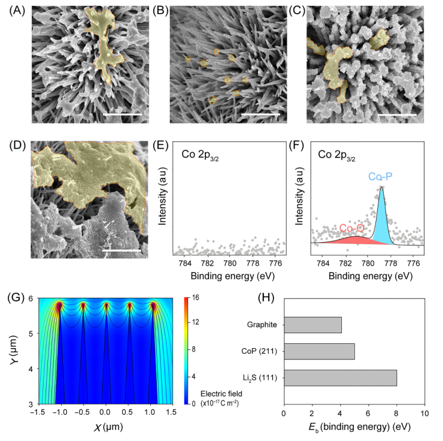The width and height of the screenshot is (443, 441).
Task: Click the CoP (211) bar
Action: click(319, 351)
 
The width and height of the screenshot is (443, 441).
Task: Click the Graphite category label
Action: click(261, 325)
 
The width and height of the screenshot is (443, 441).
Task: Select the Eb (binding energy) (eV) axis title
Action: click(354, 428)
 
